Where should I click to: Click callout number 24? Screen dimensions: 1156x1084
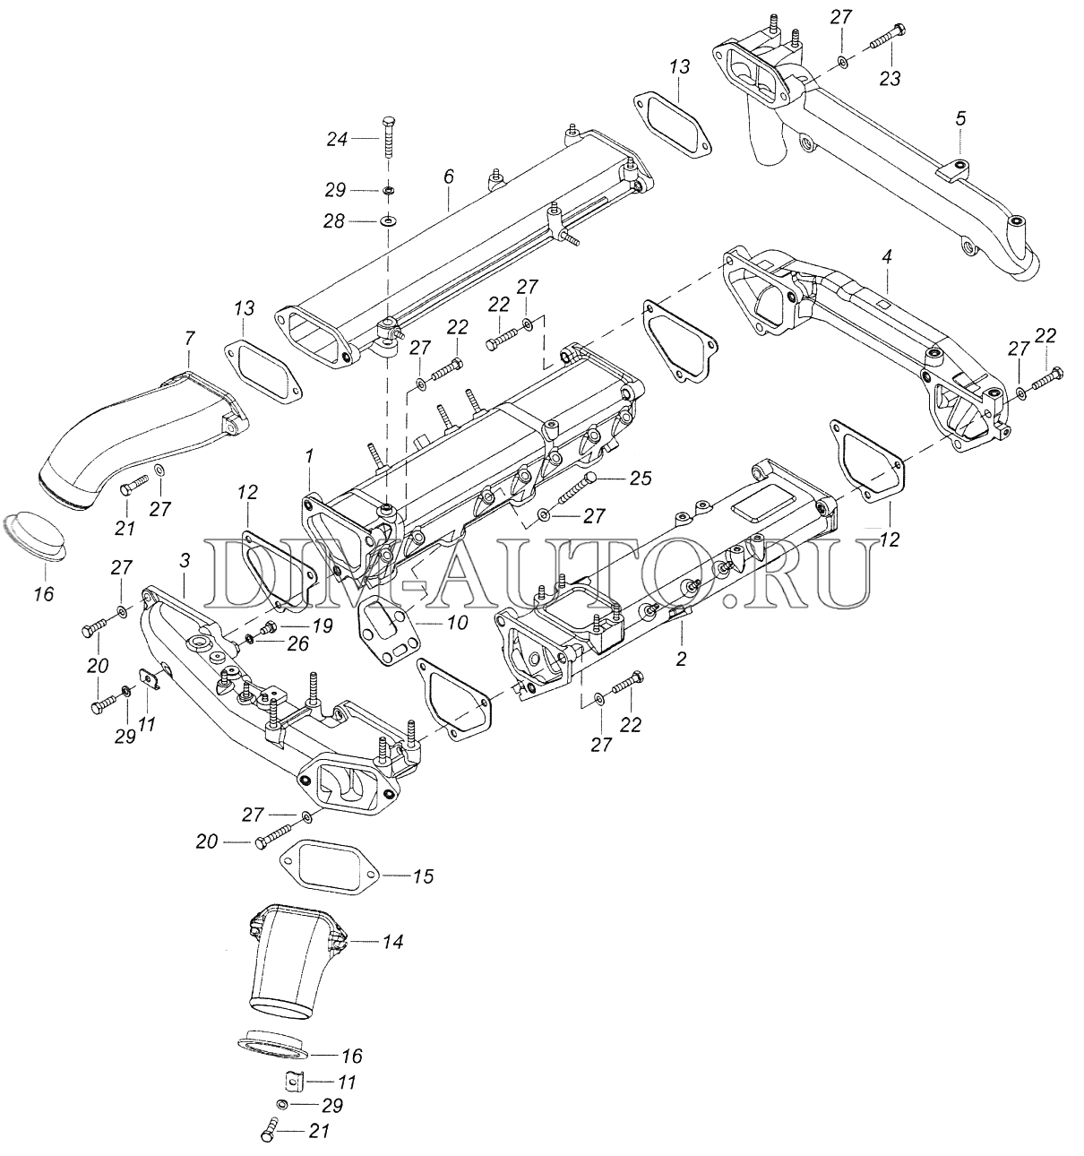(335, 139)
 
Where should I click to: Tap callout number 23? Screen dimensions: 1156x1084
(889, 79)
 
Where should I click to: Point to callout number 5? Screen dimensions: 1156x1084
(960, 117)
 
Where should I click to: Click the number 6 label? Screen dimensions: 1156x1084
(449, 177)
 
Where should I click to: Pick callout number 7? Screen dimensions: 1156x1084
(188, 339)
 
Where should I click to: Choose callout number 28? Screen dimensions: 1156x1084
(334, 220)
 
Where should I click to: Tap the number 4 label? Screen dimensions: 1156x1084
(886, 256)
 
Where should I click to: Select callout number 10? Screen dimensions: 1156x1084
(456, 621)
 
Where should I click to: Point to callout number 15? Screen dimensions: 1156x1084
(423, 876)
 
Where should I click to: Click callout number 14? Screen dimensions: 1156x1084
(391, 942)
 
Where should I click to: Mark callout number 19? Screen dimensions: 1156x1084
(323, 625)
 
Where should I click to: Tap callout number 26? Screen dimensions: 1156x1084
(299, 643)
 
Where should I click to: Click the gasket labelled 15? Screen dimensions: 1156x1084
(331, 866)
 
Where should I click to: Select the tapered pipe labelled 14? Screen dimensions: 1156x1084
(287, 963)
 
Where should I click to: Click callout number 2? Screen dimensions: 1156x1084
(681, 660)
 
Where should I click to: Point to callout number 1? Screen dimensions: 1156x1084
(308, 456)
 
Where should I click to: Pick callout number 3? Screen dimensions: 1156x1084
(185, 561)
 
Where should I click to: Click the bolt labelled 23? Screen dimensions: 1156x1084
(882, 39)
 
